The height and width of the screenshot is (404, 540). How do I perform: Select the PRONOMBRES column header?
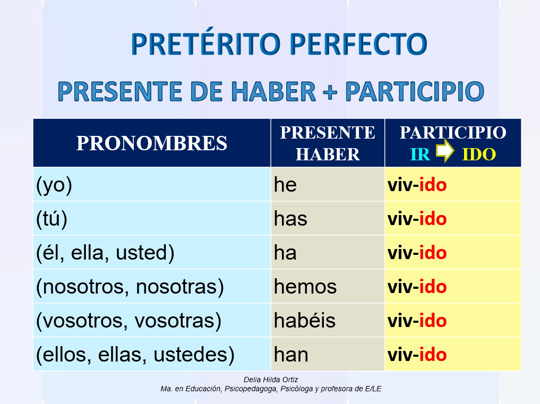point(152,143)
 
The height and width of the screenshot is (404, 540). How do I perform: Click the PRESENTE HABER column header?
point(328,143)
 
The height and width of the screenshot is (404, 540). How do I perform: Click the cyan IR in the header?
point(420,154)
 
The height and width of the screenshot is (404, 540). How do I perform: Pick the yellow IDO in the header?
point(478,154)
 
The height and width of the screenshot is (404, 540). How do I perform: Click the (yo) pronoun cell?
point(54,185)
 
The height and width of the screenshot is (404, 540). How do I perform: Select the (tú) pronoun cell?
point(52,219)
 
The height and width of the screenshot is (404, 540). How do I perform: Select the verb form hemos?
point(305,287)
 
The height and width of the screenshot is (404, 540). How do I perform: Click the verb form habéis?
point(305,321)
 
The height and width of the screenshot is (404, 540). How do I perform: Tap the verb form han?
point(291,355)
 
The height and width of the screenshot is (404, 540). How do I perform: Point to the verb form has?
point(290,219)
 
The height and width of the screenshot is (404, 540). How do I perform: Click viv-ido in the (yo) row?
point(417,185)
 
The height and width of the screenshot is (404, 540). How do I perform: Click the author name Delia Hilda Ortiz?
point(270,380)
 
